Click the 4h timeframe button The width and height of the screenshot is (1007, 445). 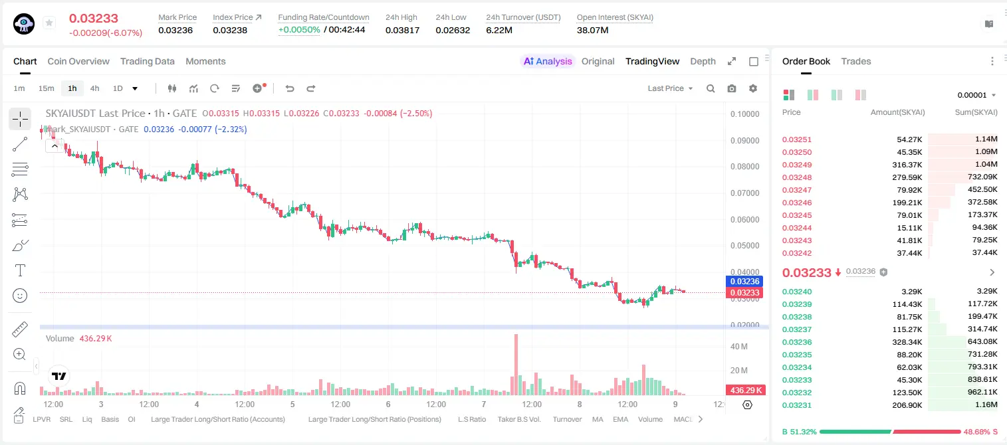pyautogui.click(x=94, y=88)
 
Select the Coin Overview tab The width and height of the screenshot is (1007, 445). pyautogui.click(x=78, y=61)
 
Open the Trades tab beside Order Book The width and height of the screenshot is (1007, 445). pyautogui.click(x=856, y=61)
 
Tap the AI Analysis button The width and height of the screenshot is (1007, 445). pyautogui.click(x=548, y=61)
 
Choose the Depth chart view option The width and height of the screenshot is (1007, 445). pyautogui.click(x=703, y=61)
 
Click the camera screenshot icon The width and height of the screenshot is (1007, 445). pyautogui.click(x=732, y=88)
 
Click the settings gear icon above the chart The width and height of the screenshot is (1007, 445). pyautogui.click(x=753, y=88)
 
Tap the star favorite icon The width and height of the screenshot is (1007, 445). pyautogui.click(x=49, y=23)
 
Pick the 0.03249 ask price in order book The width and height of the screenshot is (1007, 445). pyautogui.click(x=797, y=165)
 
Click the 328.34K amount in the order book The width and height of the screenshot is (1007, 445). pyautogui.click(x=907, y=342)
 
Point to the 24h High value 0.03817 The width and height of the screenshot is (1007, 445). pyautogui.click(x=402, y=30)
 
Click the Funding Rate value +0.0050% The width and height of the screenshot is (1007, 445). pyautogui.click(x=299, y=30)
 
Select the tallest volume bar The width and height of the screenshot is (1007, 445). pyautogui.click(x=516, y=365)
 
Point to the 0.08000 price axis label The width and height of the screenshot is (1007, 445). pyautogui.click(x=745, y=167)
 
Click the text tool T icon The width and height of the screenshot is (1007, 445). pyautogui.click(x=20, y=270)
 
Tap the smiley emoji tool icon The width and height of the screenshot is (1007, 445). pyautogui.click(x=20, y=296)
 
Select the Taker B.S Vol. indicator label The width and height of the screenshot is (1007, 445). pyautogui.click(x=518, y=419)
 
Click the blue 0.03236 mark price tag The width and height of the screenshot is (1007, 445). pyautogui.click(x=745, y=282)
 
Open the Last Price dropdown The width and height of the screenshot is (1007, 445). pyautogui.click(x=670, y=88)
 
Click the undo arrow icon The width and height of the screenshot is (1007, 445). pyautogui.click(x=290, y=88)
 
